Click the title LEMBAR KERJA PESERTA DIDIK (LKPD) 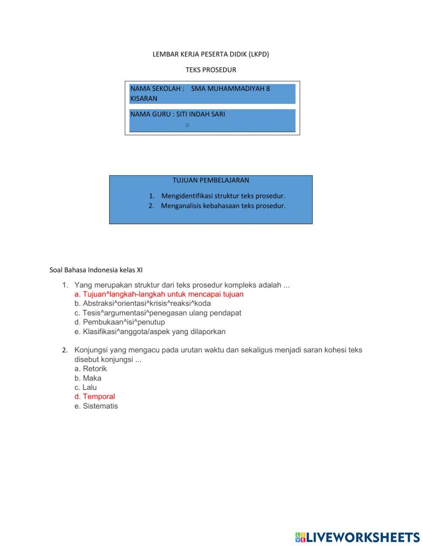pyautogui.click(x=211, y=54)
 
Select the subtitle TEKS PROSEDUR pyautogui.click(x=211, y=70)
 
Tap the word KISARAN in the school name pyautogui.click(x=144, y=99)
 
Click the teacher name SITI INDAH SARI pyautogui.click(x=201, y=114)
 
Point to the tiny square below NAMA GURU pyautogui.click(x=187, y=125)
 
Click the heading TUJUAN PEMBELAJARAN pyautogui.click(x=211, y=180)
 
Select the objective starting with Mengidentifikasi pyautogui.click(x=223, y=196)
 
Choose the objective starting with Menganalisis pyautogui.click(x=223, y=206)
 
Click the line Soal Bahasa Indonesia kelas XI pyautogui.click(x=96, y=270)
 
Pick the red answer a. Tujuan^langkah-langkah pyautogui.click(x=159, y=294)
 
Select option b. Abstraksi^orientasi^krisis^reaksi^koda pyautogui.click(x=143, y=304)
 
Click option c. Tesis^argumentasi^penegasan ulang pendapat pyautogui.click(x=158, y=313)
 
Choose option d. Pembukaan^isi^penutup pyautogui.click(x=120, y=322)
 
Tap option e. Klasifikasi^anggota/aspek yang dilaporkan pyautogui.click(x=150, y=332)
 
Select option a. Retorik pyautogui.click(x=91, y=369)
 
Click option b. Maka pyautogui.click(x=88, y=378)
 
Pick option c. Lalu pyautogui.click(x=85, y=387)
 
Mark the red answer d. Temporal pyautogui.click(x=95, y=397)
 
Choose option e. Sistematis pyautogui.click(x=96, y=406)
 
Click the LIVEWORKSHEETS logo pyautogui.click(x=357, y=537)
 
